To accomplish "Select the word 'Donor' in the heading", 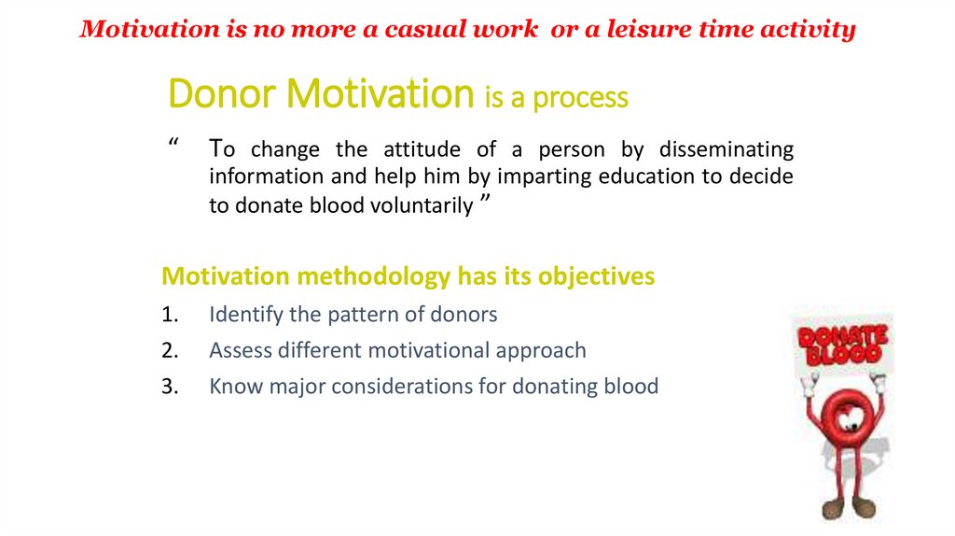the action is click(222, 93).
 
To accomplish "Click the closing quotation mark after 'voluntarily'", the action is click(485, 200).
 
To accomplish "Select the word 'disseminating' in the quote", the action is click(727, 149).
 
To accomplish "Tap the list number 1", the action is click(170, 315).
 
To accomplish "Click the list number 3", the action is click(170, 387).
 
